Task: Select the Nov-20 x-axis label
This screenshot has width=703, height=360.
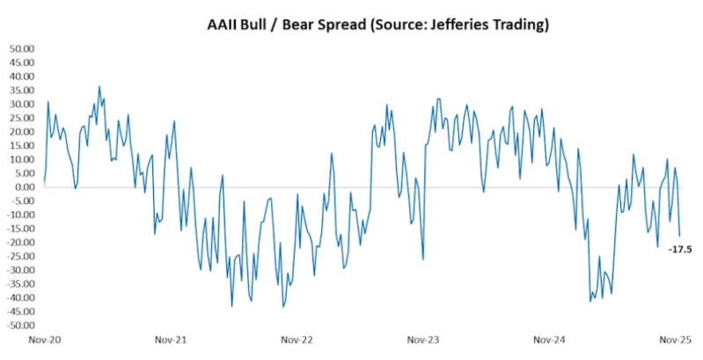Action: click(x=44, y=339)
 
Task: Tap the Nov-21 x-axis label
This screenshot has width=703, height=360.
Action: click(x=171, y=339)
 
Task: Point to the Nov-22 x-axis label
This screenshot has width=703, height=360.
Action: click(x=297, y=339)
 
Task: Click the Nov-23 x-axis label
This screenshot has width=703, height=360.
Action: click(x=423, y=339)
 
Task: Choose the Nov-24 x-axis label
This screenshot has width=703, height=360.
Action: click(x=550, y=339)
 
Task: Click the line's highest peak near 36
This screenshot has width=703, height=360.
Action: click(x=99, y=87)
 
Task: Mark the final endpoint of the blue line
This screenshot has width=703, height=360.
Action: click(x=679, y=236)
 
